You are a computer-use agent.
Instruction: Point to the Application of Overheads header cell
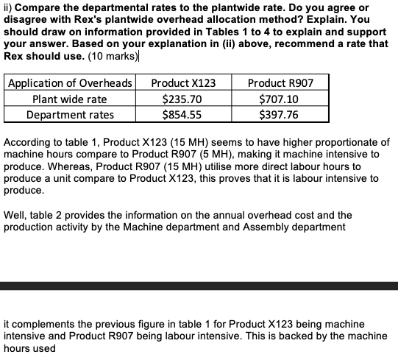click(70, 82)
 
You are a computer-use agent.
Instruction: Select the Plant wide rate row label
click(70, 99)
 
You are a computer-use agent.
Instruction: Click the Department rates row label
click(70, 114)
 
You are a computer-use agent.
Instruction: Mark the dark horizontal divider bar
click(199, 286)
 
